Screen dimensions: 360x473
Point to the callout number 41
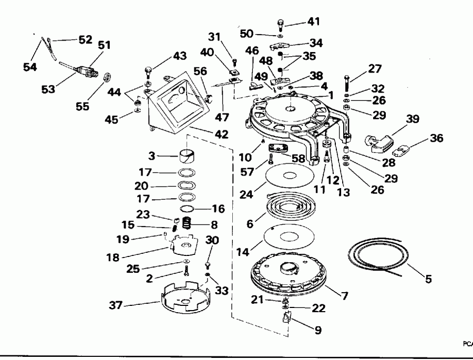pyautogui.click(x=313, y=23)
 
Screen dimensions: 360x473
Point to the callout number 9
pyautogui.click(x=318, y=331)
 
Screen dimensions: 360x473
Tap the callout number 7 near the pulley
pyautogui.click(x=344, y=296)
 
